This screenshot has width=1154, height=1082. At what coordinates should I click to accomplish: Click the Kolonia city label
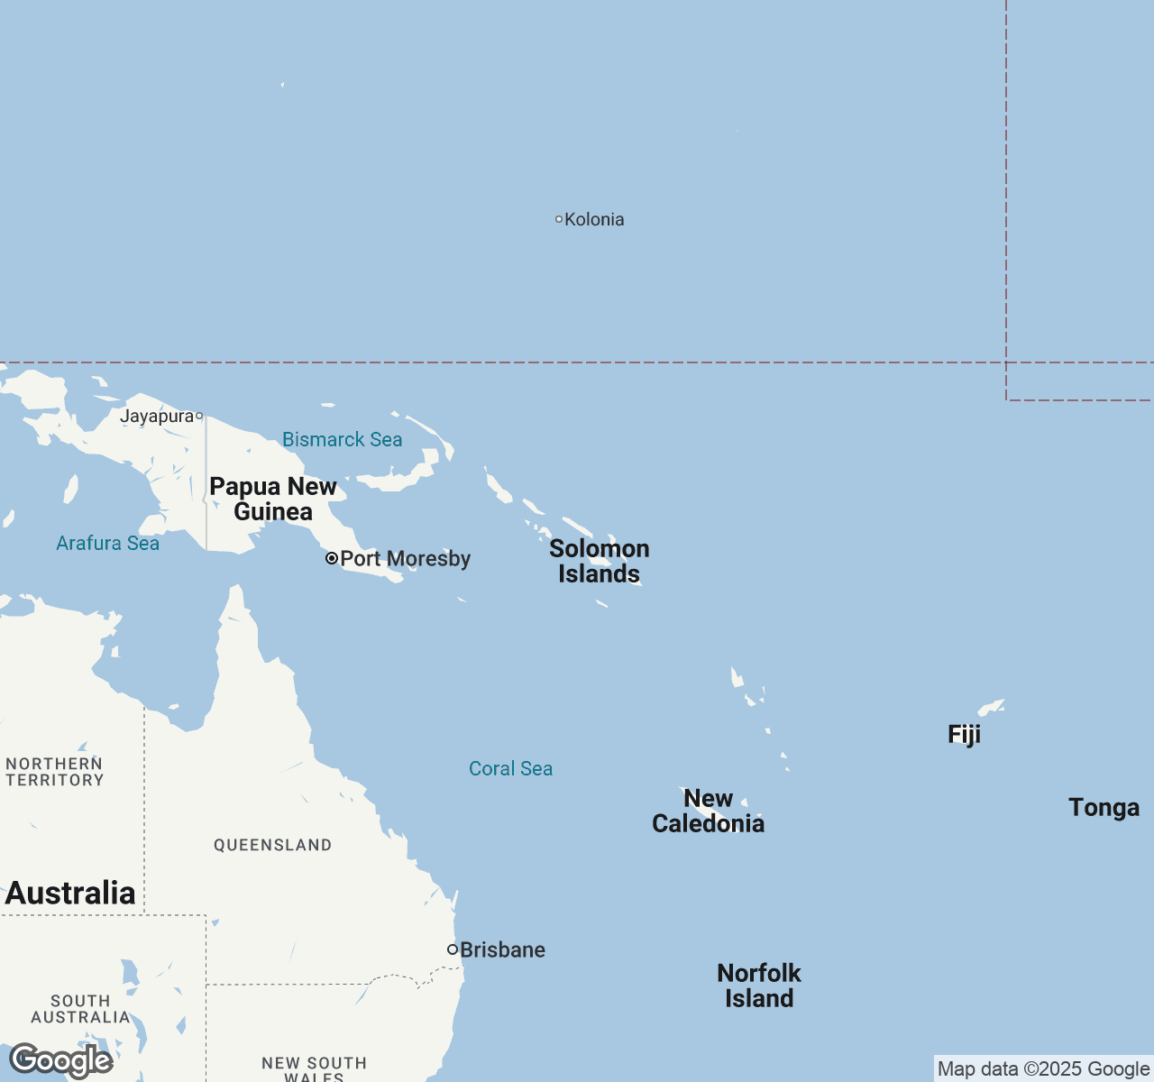[594, 219]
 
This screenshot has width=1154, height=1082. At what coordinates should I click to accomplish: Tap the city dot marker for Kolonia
[559, 219]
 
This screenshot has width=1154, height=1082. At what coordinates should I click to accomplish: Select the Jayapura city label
[157, 416]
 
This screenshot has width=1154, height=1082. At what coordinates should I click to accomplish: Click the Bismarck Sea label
[342, 439]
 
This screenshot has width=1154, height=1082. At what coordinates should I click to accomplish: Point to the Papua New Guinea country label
[273, 499]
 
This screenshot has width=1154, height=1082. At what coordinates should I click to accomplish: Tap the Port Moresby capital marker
[332, 558]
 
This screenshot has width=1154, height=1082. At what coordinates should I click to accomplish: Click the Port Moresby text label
[406, 558]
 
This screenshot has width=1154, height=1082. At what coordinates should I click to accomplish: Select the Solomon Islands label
[600, 561]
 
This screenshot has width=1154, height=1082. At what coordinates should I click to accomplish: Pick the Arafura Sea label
[107, 543]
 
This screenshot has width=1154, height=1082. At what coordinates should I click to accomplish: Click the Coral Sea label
[510, 768]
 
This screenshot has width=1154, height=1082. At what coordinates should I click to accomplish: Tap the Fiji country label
[964, 734]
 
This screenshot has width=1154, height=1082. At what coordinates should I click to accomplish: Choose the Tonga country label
[1104, 807]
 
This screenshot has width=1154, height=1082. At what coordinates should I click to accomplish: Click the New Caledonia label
[709, 811]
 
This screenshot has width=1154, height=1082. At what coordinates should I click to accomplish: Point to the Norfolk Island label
[759, 986]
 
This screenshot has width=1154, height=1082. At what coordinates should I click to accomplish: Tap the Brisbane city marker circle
[453, 949]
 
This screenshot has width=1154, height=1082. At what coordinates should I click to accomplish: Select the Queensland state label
[272, 845]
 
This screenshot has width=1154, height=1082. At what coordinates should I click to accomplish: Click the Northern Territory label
[55, 772]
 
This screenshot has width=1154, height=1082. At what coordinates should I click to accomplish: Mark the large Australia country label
[70, 893]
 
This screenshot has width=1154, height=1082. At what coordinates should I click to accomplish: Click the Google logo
[61, 1060]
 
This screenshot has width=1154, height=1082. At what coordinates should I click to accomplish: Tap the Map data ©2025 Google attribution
[1043, 1068]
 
